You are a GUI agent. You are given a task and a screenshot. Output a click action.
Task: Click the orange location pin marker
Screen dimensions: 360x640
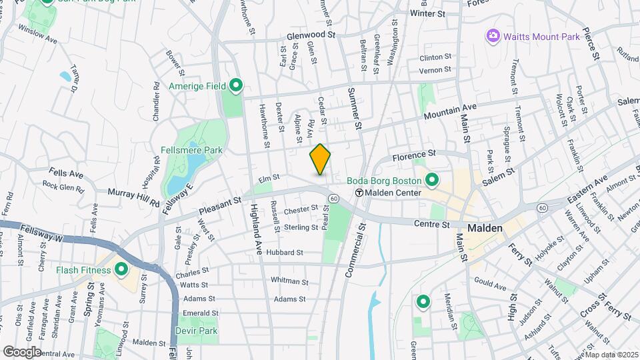[x=320, y=159]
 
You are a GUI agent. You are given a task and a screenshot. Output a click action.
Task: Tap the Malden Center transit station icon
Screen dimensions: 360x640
[x=359, y=193]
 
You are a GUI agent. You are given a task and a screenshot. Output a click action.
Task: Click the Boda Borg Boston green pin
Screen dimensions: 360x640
[x=431, y=181]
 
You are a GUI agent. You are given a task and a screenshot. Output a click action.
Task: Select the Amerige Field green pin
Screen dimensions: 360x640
[x=235, y=85]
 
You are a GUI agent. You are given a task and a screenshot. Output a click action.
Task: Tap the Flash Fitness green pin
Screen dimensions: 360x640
[x=121, y=270]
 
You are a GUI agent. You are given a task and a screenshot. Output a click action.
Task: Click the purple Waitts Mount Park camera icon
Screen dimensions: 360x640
[x=493, y=35]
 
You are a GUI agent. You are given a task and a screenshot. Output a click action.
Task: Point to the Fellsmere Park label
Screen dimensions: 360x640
[x=191, y=151]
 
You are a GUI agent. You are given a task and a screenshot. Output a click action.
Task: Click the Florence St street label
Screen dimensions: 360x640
[x=413, y=157]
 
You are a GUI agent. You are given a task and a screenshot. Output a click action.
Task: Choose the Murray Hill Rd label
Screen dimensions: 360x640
[x=133, y=197]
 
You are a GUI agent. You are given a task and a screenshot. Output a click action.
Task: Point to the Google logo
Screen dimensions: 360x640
[x=21, y=351]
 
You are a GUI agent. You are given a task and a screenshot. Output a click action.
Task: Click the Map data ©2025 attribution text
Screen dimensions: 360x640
[x=611, y=355]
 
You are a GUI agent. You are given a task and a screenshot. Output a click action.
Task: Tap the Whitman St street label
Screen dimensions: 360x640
[x=289, y=282]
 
